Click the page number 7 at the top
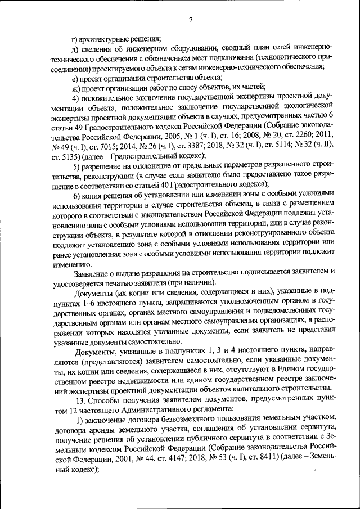coord(191,21)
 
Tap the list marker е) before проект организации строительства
coord(75,78)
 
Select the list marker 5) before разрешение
coord(76,166)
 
